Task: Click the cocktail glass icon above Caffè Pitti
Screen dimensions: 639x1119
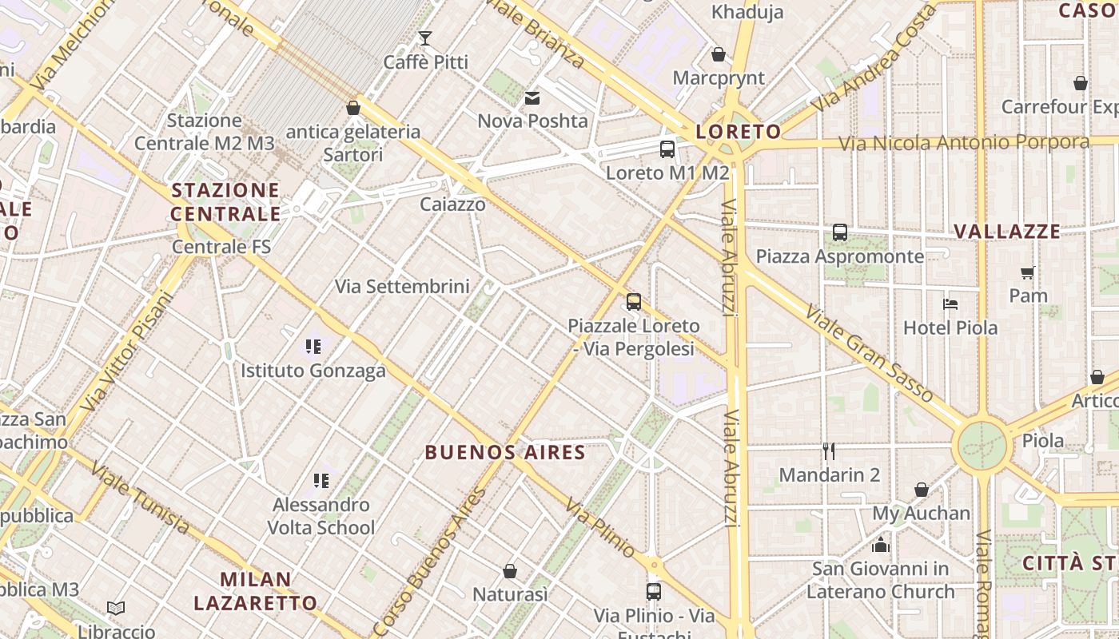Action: (424, 38)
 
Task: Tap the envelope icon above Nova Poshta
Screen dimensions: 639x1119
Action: (532, 98)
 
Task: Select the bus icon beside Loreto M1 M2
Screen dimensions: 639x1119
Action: (667, 149)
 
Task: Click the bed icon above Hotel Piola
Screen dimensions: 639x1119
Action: (950, 304)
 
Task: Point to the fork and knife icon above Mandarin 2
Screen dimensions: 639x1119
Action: (829, 452)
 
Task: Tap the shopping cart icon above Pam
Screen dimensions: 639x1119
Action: (1028, 272)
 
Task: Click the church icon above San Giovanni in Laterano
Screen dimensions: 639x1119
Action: (881, 546)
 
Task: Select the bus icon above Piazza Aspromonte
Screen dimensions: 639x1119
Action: (840, 232)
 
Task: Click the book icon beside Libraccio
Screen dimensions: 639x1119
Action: (116, 609)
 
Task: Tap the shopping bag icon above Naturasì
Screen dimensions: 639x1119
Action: (510, 571)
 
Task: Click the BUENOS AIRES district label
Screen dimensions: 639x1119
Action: (505, 453)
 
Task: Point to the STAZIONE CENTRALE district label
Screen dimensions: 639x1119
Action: (225, 202)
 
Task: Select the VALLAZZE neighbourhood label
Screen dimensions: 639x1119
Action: (1007, 232)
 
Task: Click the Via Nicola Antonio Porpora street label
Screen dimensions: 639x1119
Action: (964, 143)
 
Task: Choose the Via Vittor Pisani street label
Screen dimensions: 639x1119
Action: (128, 351)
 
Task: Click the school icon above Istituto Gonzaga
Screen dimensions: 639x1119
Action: (313, 347)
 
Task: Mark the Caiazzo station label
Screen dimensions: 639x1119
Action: (453, 204)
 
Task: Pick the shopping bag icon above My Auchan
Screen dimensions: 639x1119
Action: (922, 490)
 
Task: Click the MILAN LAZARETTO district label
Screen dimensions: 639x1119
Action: (256, 591)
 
